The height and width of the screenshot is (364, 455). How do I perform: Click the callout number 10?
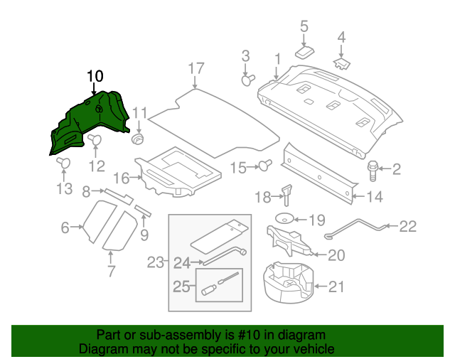95,75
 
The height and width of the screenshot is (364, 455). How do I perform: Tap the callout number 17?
196,68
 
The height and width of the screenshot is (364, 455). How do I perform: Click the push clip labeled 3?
248,80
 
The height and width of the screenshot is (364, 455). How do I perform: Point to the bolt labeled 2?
372,168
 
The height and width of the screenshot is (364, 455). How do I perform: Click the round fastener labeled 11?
138,136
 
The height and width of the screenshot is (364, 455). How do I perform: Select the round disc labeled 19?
287,219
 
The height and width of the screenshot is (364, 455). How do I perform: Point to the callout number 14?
375,197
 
